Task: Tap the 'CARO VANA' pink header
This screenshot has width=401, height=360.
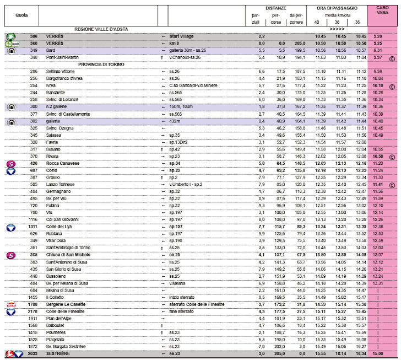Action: pyautogui.click(x=382, y=12)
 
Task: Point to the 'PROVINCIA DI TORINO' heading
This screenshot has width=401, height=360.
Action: pyautogui.click(x=101, y=65)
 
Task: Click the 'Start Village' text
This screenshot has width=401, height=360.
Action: pyautogui.click(x=184, y=36)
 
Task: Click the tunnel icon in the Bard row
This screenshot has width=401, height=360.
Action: pyautogui.click(x=10, y=50)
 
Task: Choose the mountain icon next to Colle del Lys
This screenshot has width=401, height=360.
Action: pyautogui.click(x=10, y=227)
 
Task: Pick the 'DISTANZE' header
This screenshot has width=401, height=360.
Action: pyautogui.click(x=275, y=8)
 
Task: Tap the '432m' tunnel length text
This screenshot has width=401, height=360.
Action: pyautogui.click(x=176, y=121)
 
